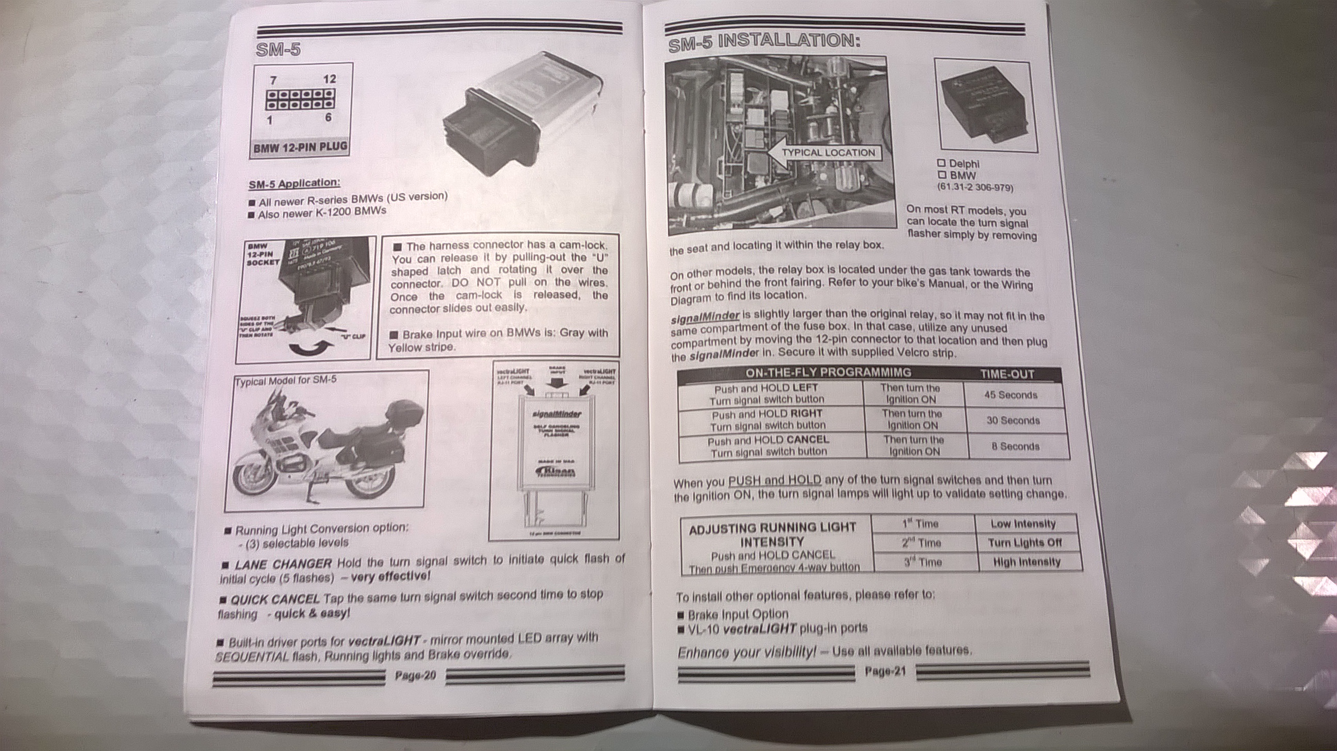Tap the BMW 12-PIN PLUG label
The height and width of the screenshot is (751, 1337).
300,148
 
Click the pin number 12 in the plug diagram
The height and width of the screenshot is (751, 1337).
330,79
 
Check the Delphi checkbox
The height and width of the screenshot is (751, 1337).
941,163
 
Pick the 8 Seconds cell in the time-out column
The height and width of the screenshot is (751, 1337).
1015,446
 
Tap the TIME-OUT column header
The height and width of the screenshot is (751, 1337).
1006,374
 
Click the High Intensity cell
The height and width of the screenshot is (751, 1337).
1026,562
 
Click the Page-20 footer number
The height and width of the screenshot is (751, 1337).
415,675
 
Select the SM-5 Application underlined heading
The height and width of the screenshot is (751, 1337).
295,183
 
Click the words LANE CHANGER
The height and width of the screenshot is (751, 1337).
283,564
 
